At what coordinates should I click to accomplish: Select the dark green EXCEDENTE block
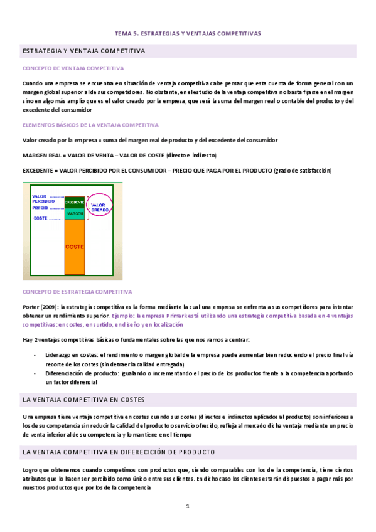click(75, 202)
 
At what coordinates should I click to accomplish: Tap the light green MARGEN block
click(75, 213)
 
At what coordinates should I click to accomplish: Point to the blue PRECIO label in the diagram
click(40, 208)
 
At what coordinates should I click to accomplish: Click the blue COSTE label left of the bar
click(41, 218)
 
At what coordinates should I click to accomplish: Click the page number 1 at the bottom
click(187, 506)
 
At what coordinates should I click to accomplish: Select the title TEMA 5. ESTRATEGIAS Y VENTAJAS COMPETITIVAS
click(188, 33)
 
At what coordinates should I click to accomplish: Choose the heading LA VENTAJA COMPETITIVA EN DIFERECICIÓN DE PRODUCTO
click(119, 451)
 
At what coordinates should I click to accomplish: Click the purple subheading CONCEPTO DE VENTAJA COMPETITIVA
click(73, 68)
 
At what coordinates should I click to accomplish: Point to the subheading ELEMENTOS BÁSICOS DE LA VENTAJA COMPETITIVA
click(90, 125)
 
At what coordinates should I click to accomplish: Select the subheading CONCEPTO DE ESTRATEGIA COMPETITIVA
click(77, 292)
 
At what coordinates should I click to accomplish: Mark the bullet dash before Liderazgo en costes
click(35, 355)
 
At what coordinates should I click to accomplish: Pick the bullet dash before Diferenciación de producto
click(35, 373)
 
